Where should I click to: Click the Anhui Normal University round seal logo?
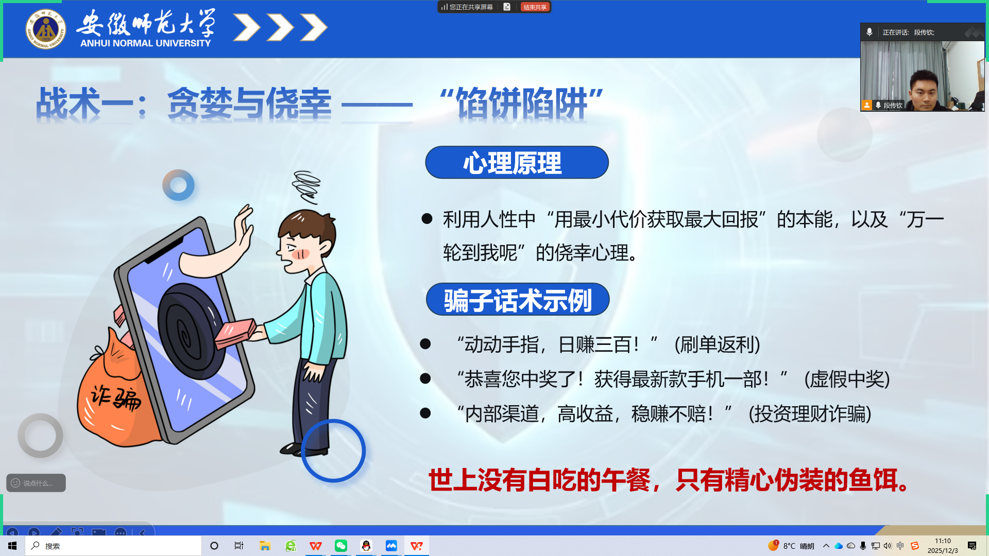pos(46,29)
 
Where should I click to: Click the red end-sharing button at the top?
pos(535,7)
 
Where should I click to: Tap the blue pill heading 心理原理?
pos(517,163)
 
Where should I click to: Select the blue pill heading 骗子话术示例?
pos(518,300)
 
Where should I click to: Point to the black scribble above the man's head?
pos(306,187)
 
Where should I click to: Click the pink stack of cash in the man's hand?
pos(235,332)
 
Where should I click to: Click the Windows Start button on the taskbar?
pos(12,546)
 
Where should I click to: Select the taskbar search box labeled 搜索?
pos(113,546)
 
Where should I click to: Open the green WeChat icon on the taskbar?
pos(341,546)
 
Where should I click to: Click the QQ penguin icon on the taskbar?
pos(366,546)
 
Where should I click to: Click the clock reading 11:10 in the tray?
pos(943,541)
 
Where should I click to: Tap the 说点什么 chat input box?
pos(36,483)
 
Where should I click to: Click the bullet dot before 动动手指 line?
pos(425,344)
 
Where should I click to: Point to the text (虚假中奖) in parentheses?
pos(847,379)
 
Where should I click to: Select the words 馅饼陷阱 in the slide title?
pos(522,103)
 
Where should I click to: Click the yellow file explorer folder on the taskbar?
pos(265,546)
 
